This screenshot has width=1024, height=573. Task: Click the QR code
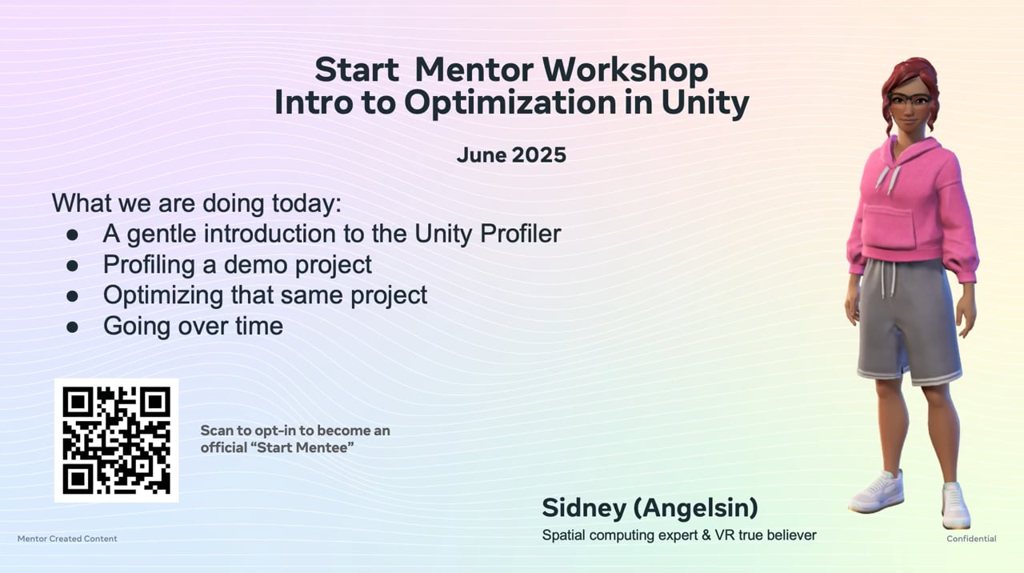click(x=116, y=440)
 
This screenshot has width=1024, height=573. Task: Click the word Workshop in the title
click(x=626, y=70)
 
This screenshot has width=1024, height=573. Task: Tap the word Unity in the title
click(x=705, y=104)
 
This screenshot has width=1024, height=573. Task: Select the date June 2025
click(x=511, y=155)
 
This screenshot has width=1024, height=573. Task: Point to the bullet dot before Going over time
click(x=72, y=327)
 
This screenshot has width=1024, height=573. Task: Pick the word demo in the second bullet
click(x=254, y=265)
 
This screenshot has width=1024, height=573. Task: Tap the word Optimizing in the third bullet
click(x=163, y=296)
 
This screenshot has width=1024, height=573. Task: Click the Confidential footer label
click(x=971, y=539)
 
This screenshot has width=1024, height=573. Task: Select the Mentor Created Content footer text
click(x=67, y=539)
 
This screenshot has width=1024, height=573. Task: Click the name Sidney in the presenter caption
click(x=584, y=508)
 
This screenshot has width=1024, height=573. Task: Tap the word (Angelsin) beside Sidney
click(x=695, y=508)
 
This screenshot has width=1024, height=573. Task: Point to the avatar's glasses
click(x=910, y=99)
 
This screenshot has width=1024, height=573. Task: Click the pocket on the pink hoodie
click(x=890, y=226)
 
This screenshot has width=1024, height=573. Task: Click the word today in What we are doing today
click(x=306, y=203)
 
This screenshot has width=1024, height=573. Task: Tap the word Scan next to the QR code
click(x=216, y=431)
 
